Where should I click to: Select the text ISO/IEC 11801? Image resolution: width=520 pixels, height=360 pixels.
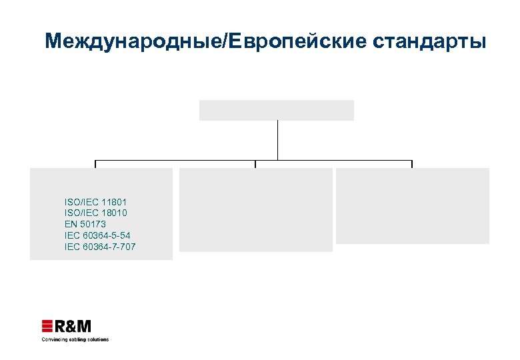(95, 201)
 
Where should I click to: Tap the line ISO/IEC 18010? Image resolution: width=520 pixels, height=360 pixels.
(95, 213)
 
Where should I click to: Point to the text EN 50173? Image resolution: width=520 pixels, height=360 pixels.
(85, 224)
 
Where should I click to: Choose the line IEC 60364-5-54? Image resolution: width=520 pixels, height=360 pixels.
(101, 235)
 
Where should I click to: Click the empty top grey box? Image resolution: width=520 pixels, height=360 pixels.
(276, 110)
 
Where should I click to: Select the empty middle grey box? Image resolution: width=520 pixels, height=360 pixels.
(255, 209)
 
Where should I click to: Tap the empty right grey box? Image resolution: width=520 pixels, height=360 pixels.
(412, 205)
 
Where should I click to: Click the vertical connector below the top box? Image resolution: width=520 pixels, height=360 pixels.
(277, 140)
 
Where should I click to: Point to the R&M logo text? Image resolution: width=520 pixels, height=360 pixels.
(73, 326)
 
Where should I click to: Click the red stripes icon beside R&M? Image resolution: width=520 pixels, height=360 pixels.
(47, 326)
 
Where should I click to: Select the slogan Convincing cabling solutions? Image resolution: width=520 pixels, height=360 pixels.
(75, 339)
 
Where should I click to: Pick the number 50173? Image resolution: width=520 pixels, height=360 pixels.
(93, 224)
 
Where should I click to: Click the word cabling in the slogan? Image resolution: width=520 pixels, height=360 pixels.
(75, 339)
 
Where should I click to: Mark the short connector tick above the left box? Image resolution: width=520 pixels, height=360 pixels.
(95, 164)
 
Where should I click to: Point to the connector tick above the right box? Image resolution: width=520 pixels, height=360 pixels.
(412, 164)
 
